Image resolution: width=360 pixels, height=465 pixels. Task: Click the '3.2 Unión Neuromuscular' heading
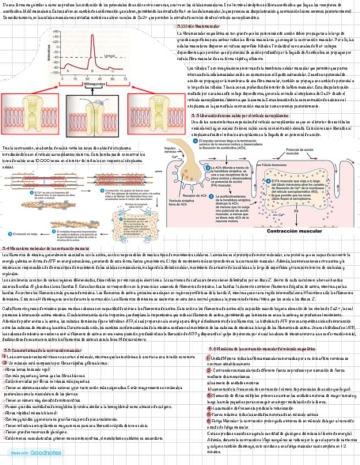[194, 26]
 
